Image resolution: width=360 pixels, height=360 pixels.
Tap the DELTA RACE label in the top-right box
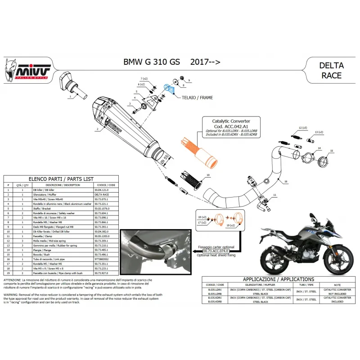pos(331,70)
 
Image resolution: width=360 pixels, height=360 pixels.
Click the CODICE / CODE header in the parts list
pos(105,185)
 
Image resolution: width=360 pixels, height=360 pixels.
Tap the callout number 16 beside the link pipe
pos(284,182)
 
